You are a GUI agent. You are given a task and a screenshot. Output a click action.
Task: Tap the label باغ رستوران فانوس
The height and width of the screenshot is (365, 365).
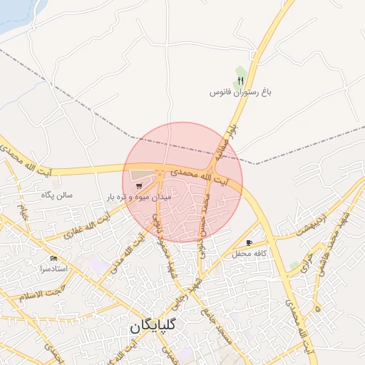click(241, 93)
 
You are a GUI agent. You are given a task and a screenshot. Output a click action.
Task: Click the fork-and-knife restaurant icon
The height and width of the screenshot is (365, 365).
click(240, 81)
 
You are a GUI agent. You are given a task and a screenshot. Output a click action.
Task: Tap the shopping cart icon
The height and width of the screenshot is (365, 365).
click(138, 185)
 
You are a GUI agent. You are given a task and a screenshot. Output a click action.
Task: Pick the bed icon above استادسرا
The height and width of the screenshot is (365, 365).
click(54, 258)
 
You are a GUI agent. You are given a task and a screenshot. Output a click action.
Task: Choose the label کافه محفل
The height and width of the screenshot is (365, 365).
click(249, 254)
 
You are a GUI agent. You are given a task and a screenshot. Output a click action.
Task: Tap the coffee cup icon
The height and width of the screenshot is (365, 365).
click(249, 243)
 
